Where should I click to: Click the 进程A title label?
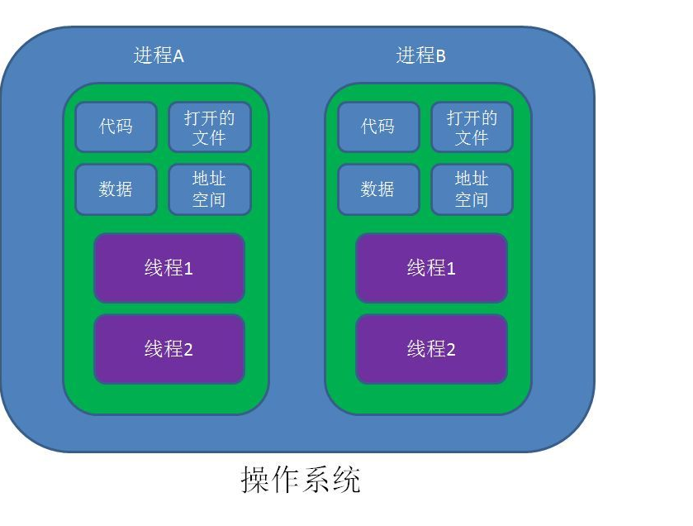(159, 56)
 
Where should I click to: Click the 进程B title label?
(420, 56)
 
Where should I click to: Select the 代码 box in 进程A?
(116, 127)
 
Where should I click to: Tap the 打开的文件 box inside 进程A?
(209, 127)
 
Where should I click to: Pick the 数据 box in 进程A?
(116, 189)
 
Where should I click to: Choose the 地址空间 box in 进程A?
(209, 189)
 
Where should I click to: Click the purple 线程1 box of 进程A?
(169, 268)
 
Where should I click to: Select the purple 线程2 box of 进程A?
(169, 349)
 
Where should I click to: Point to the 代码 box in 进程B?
(377, 127)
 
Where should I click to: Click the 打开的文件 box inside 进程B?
(472, 127)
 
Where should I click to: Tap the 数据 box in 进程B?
(377, 189)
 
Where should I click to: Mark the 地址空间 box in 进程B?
(472, 189)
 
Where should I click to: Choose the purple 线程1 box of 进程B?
(431, 268)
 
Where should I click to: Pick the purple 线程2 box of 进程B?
(431, 349)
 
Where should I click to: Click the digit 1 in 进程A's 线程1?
(188, 269)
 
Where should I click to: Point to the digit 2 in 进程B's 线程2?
(450, 350)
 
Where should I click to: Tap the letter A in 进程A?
(178, 56)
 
